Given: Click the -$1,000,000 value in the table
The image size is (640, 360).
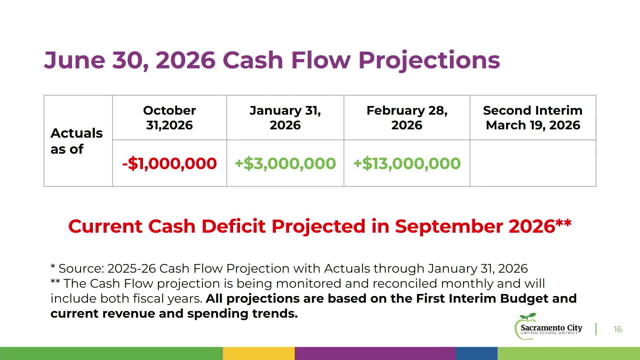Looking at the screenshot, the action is pyautogui.click(x=169, y=163).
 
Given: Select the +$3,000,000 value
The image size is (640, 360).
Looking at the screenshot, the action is pyautogui.click(x=285, y=163).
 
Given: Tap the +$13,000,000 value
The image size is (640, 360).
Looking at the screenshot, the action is pyautogui.click(x=407, y=163).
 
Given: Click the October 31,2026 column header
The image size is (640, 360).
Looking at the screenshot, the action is pyautogui.click(x=169, y=118).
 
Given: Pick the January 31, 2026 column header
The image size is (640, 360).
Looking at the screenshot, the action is pyautogui.click(x=285, y=118).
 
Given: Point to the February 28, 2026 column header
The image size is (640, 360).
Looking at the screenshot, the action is pyautogui.click(x=407, y=118).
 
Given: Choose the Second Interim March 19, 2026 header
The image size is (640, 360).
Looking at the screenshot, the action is pyautogui.click(x=533, y=118).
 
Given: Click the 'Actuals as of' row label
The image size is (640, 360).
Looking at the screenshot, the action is pyautogui.click(x=77, y=141).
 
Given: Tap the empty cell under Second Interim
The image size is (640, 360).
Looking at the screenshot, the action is pyautogui.click(x=533, y=163).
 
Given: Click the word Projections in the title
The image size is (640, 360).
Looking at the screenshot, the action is pyautogui.click(x=429, y=60).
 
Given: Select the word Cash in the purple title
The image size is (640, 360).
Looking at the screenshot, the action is pyautogui.click(x=253, y=60).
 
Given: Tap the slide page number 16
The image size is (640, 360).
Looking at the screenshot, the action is pyautogui.click(x=618, y=329).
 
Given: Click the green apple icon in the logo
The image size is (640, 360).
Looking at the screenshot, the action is pyautogui.click(x=526, y=326).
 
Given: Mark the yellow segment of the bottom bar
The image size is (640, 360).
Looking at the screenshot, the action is pyautogui.click(x=259, y=353).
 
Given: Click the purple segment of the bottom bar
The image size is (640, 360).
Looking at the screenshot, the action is pyautogui.click(x=375, y=353).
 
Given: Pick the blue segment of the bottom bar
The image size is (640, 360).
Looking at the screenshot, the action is pyautogui.click(x=477, y=353).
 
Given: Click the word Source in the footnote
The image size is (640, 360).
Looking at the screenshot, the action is pyautogui.click(x=81, y=268).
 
